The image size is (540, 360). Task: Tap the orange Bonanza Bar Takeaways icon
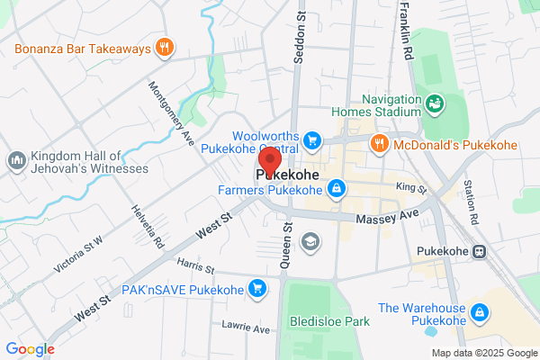[x=163, y=48]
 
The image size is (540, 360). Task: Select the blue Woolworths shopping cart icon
[x=312, y=140]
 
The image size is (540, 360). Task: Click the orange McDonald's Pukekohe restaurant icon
[x=380, y=142]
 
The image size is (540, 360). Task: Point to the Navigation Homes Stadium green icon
[x=433, y=105]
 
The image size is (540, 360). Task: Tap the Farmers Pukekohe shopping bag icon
[x=336, y=189]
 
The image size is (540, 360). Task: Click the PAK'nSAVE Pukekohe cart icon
[x=258, y=289]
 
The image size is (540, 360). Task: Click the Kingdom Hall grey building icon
[x=15, y=161]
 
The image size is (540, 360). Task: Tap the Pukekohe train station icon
[x=481, y=252]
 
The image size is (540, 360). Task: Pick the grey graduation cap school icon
[x=310, y=241]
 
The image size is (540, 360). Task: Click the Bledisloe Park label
[x=329, y=321]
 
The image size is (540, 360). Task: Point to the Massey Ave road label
[x=388, y=217]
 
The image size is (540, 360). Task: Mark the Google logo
[x=30, y=349]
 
